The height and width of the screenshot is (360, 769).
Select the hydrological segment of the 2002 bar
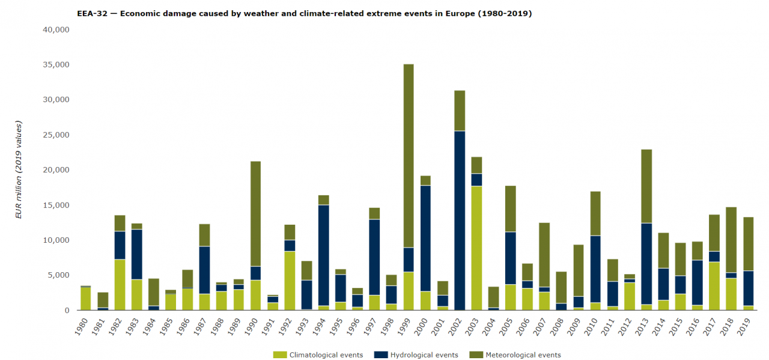(460, 220)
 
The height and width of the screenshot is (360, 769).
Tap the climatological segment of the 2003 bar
(476, 248)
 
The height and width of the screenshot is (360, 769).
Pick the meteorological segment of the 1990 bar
(255, 213)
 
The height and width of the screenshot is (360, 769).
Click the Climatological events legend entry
(318, 355)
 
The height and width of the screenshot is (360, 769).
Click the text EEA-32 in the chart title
(91, 13)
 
